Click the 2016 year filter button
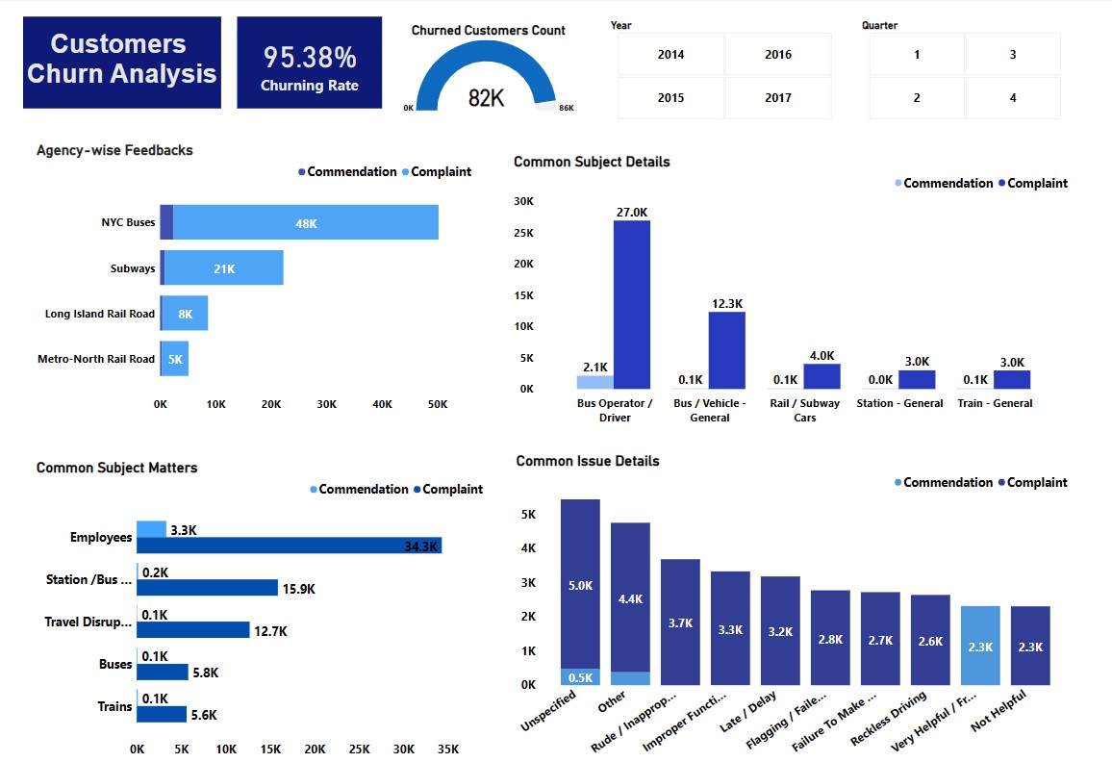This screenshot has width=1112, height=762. [778, 55]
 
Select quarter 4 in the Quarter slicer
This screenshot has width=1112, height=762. [1013, 98]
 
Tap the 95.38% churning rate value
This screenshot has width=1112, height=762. [310, 58]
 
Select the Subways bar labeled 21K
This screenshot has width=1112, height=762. [224, 268]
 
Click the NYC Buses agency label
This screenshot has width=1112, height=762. [128, 222]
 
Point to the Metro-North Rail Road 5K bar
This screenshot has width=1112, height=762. [174, 359]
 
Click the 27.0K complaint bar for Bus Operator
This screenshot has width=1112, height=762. [632, 304]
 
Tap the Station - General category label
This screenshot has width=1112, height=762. [899, 403]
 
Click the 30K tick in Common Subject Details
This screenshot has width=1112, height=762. [523, 202]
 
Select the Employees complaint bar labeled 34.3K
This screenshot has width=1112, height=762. [289, 546]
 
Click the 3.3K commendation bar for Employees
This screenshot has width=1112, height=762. [151, 529]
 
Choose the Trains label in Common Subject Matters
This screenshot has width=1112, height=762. [114, 706]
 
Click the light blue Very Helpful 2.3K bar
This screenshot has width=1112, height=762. [980, 646]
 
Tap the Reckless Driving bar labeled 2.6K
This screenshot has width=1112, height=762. [930, 640]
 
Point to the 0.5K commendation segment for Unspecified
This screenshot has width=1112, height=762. [580, 676]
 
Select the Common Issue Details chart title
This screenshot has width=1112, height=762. [588, 461]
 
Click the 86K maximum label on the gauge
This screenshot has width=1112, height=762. [567, 108]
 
